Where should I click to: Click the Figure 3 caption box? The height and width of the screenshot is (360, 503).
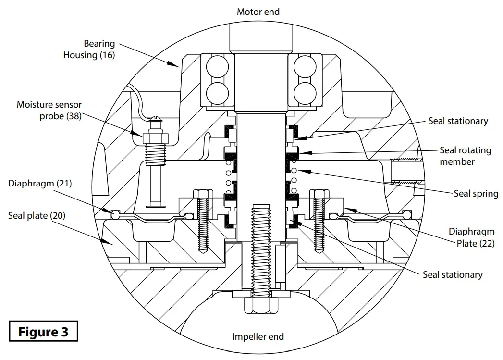pyautogui.click(x=43, y=332)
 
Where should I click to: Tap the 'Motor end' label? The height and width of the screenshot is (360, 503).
pyautogui.click(x=258, y=12)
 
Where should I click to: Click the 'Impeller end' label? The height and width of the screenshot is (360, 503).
pyautogui.click(x=258, y=336)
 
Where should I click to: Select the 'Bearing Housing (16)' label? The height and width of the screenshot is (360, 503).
pyautogui.click(x=89, y=50)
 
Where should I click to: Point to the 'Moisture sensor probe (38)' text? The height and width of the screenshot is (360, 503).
pyautogui.click(x=49, y=111)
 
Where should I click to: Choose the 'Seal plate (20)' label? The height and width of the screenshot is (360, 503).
pyautogui.click(x=37, y=216)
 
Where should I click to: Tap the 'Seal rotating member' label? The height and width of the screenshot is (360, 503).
pyautogui.click(x=465, y=156)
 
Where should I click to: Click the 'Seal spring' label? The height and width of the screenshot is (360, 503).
pyautogui.click(x=476, y=194)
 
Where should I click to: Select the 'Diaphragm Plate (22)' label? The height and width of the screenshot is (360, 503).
pyautogui.click(x=471, y=237)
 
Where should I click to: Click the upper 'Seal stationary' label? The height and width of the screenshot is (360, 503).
pyautogui.click(x=458, y=121)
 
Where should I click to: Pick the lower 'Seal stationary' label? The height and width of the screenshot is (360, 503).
pyautogui.click(x=452, y=274)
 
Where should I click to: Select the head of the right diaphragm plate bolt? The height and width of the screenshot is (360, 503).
pyautogui.click(x=319, y=194)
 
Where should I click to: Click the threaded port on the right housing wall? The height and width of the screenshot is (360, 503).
pyautogui.click(x=407, y=171)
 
